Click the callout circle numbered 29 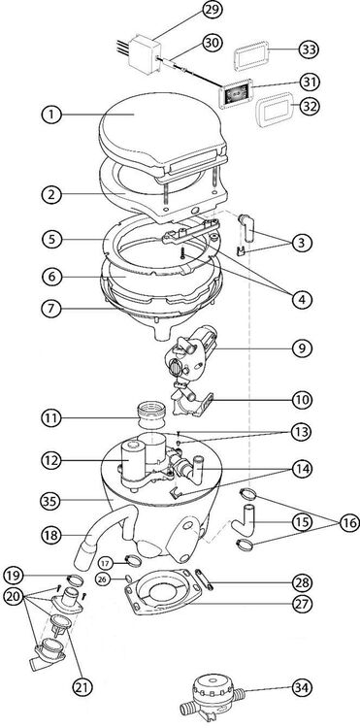point(212,12)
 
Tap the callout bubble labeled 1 point(51,116)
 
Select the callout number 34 point(303,687)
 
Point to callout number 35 point(51,500)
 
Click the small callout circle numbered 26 point(103,579)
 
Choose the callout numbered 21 point(83,686)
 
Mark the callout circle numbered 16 point(349,523)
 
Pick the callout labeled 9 point(303,347)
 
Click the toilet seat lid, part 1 point(162,132)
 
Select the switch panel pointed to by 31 point(237,93)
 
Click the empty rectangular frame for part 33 point(251,55)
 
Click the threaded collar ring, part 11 point(150,415)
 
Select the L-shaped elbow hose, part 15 point(245,520)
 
